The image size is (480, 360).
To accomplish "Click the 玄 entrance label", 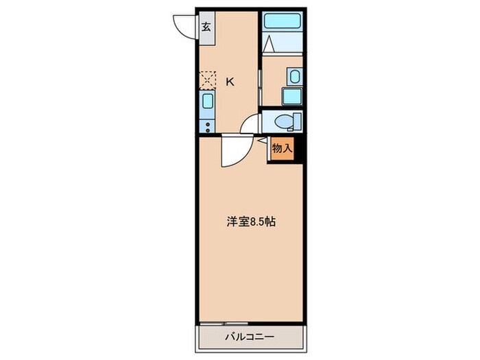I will click(206, 29).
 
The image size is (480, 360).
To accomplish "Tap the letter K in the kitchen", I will click(230, 82).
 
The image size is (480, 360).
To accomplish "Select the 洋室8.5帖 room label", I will click(252, 222).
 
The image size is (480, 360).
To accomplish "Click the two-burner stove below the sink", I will click(207, 123).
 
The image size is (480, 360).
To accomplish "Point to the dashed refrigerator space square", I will click(207, 80).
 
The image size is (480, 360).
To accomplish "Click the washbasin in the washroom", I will click(294, 77).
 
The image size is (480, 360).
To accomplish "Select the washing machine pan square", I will click(292, 96).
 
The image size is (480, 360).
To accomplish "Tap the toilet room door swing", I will click(251, 124).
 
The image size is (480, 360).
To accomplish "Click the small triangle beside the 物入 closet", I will click(263, 141).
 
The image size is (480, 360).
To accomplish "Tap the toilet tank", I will click(296, 121).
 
